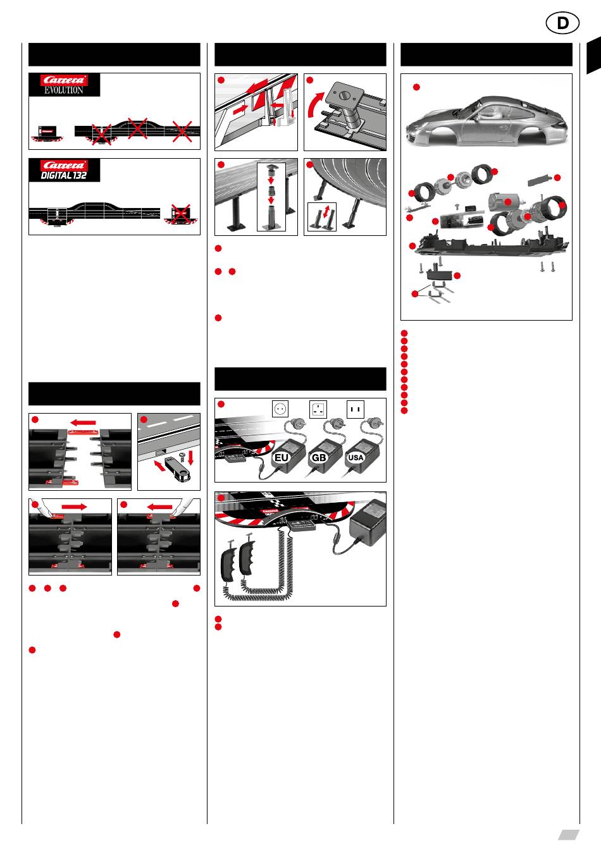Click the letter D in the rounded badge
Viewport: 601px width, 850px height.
click(x=562, y=23)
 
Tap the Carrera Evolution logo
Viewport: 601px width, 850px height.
click(x=64, y=85)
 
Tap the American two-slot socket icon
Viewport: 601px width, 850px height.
click(x=356, y=409)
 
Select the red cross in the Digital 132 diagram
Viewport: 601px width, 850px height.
click(x=181, y=214)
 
